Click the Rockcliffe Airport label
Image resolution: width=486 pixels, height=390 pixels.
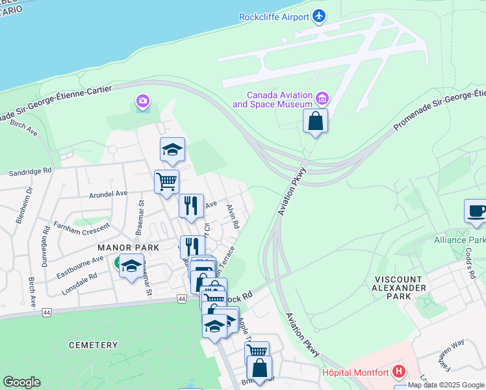click(274, 17)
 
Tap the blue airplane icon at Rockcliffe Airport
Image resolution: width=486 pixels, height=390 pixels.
click(318, 15)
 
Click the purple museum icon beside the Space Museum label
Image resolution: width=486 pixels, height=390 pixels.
click(322, 99)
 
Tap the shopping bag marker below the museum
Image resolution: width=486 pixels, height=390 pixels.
click(315, 122)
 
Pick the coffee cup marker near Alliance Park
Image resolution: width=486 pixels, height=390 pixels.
click(476, 211)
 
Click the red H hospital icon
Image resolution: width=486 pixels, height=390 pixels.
click(399, 372)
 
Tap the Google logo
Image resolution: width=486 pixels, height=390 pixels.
click(21, 382)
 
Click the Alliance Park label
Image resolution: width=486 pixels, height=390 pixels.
click(459, 240)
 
